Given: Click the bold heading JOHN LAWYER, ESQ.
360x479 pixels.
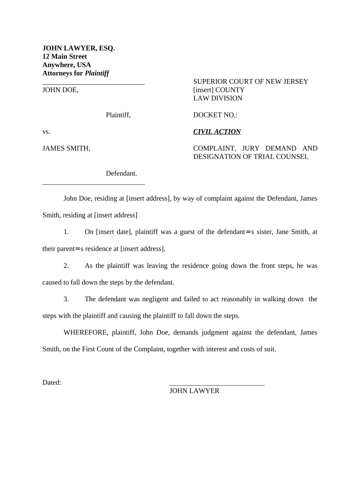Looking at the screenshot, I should (x=79, y=48).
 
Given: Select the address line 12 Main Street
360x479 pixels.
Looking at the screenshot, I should (x=65, y=57).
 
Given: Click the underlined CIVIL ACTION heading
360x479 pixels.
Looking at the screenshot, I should (x=217, y=132).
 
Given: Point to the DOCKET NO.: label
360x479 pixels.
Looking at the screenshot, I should (x=216, y=115).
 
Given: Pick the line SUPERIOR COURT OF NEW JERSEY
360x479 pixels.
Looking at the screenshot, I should (x=251, y=81).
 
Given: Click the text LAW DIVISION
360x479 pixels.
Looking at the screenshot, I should (x=217, y=98).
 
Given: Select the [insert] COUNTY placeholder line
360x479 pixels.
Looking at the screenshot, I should (x=219, y=90).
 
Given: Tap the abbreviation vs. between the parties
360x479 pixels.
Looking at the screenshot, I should (x=46, y=132).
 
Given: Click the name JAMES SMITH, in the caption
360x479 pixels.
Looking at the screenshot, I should (x=66, y=149).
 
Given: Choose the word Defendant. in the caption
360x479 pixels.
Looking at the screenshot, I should (x=121, y=174).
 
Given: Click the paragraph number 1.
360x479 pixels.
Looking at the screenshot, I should (x=66, y=232).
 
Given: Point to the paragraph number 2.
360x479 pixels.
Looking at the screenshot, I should (x=66, y=266).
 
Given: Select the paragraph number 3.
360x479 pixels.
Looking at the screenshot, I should (x=66, y=299).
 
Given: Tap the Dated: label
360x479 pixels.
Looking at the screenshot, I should (x=52, y=383).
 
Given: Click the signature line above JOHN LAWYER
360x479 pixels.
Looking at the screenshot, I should (x=217, y=384).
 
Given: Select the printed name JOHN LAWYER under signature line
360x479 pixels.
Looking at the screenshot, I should (x=194, y=391).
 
